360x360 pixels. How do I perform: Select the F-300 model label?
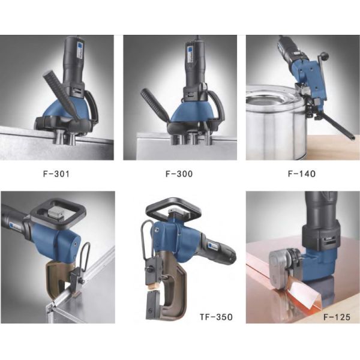[179, 174]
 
